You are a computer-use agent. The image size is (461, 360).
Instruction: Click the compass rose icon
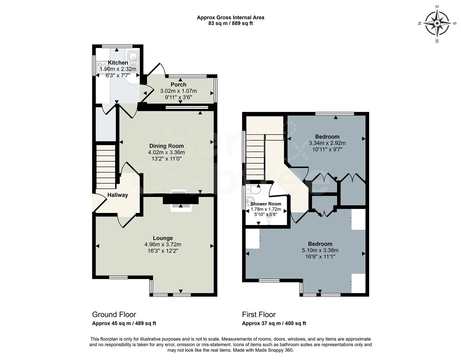point(437,23)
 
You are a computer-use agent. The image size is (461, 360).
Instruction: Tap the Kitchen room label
point(118,63)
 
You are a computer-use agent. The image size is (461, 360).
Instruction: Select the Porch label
point(178,85)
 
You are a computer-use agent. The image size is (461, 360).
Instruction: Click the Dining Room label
point(166,146)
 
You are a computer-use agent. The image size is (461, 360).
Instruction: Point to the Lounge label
point(163,238)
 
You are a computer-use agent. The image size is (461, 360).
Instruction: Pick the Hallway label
point(118,195)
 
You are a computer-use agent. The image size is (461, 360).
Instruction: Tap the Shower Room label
point(265,204)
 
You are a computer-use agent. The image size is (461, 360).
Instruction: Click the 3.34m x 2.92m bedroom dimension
point(327,143)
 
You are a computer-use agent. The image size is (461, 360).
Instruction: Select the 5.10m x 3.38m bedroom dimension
point(320,250)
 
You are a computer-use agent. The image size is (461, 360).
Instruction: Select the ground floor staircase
point(106,167)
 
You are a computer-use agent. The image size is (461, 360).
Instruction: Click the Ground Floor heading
point(114,314)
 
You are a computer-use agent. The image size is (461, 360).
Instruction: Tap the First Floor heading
point(259,314)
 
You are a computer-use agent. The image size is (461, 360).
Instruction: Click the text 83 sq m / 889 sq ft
point(230,23)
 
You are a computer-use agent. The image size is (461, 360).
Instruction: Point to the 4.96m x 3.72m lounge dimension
point(163,244)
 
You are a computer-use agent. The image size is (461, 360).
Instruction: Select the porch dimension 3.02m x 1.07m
point(178,91)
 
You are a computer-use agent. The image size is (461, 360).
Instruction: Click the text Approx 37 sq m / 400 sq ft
point(274,323)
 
